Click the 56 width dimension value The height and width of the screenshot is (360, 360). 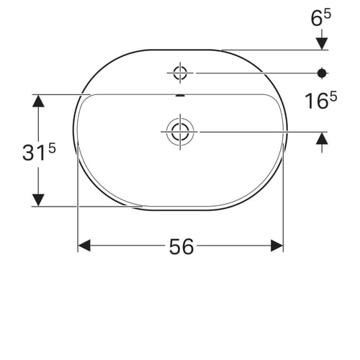pos(181,246)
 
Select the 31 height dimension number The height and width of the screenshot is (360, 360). pos(34,153)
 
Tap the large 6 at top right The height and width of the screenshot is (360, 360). pos(317,19)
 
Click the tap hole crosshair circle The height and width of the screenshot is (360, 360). pos(180,73)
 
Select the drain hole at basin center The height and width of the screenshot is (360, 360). pos(180,132)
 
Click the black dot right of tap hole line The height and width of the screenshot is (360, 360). pos(322,73)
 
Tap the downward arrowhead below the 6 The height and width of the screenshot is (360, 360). pos(322,44)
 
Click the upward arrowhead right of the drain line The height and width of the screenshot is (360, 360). pos(322,138)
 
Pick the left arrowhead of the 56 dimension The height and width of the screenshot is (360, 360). pos(84,246)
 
